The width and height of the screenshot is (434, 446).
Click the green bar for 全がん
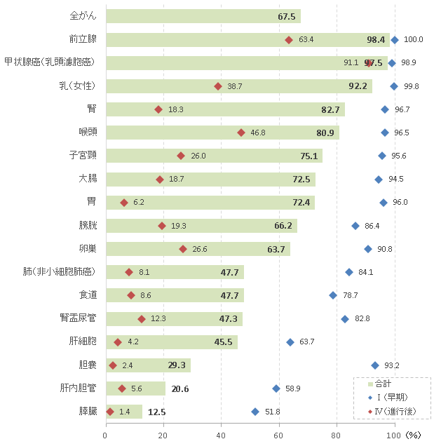point(203,16)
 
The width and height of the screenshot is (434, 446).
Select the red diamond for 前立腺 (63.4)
point(288,40)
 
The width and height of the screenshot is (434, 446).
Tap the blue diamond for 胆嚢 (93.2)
point(375,365)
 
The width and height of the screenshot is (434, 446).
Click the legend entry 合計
point(383,384)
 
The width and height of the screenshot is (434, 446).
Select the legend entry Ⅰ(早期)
point(393,398)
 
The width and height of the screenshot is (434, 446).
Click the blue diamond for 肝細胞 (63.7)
point(290,342)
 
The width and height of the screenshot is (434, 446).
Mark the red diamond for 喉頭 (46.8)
point(241,133)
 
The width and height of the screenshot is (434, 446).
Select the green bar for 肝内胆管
point(135,388)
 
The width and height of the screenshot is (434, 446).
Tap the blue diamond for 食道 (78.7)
point(333,295)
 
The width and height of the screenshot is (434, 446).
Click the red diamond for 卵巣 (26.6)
point(183,249)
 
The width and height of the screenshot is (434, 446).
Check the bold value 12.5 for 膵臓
point(157,412)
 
